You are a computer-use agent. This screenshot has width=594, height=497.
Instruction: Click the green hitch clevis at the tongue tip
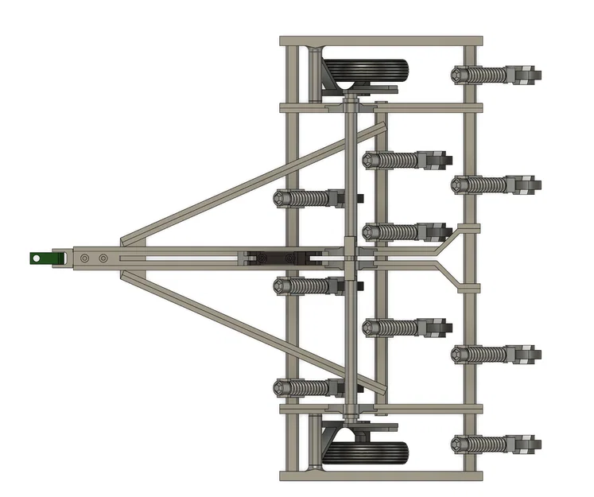pyautogui.click(x=45, y=258)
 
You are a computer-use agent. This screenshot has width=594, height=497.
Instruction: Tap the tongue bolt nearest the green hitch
pyautogui.click(x=84, y=258)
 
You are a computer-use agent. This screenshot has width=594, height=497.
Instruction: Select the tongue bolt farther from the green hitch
pyautogui.click(x=103, y=258)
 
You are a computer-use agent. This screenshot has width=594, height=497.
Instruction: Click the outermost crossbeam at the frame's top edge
pyautogui.click(x=382, y=40)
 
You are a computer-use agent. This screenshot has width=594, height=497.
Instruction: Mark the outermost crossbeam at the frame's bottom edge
pyautogui.click(x=382, y=476)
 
